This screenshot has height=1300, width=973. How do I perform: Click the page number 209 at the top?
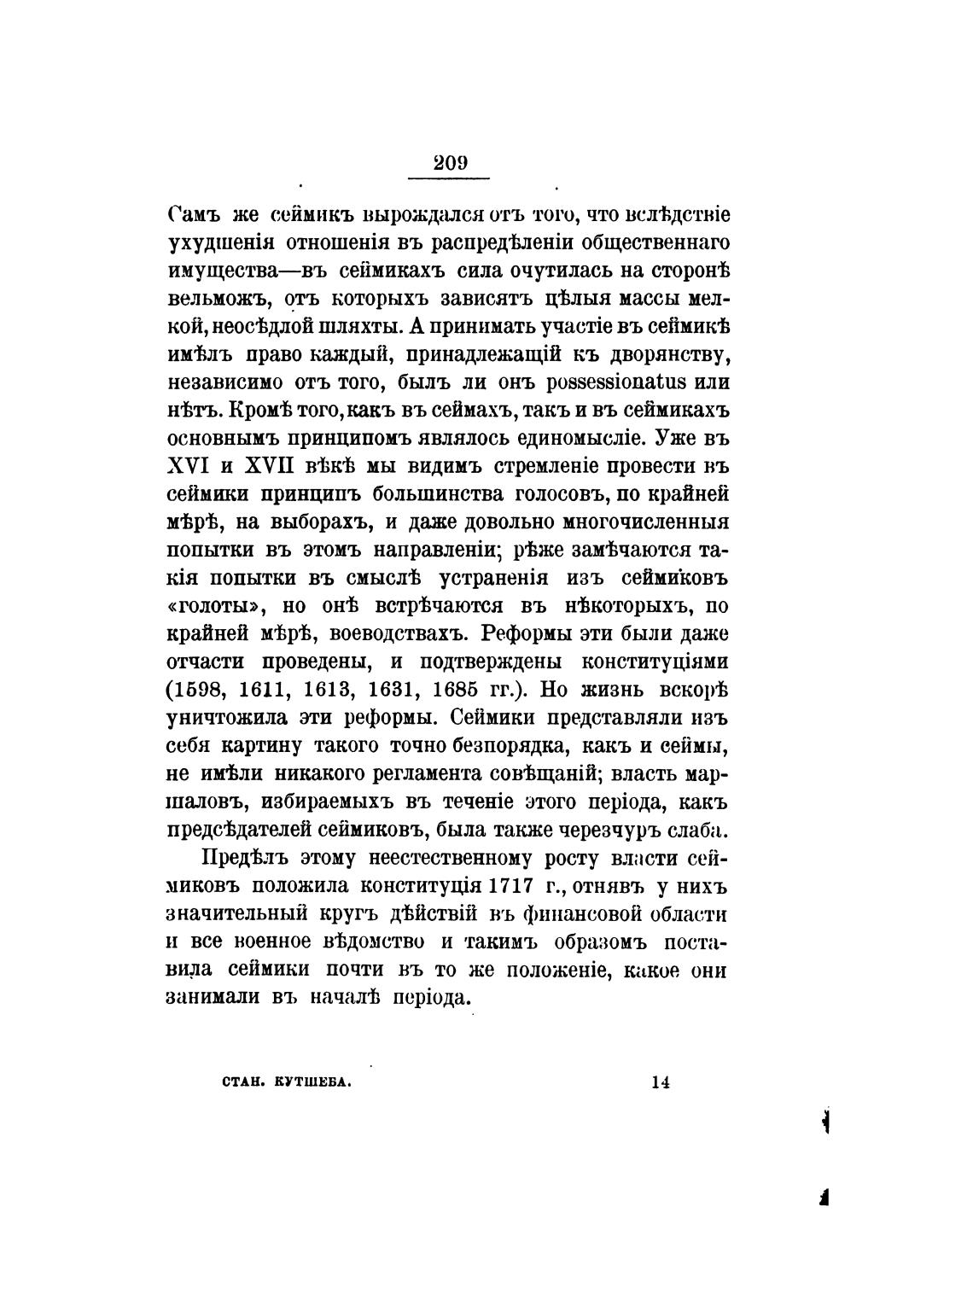[x=449, y=163]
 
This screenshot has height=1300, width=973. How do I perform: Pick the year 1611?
[x=277, y=689]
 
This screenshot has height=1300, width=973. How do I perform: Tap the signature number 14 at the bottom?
[x=660, y=1081]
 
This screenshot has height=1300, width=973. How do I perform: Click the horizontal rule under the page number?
[x=449, y=178]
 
